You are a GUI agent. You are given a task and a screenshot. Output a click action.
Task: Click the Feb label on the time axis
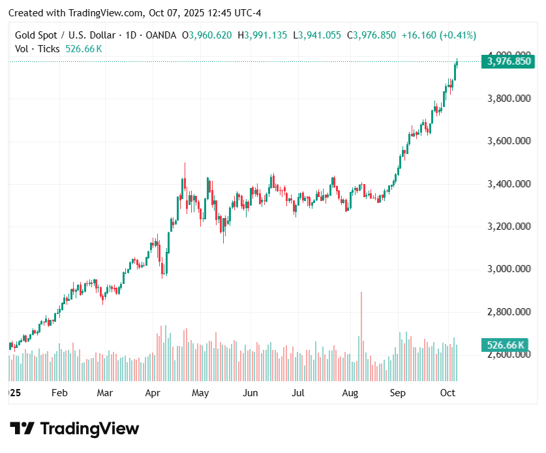[x=59, y=393]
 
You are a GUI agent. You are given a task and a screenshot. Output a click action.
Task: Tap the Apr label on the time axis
[x=153, y=393]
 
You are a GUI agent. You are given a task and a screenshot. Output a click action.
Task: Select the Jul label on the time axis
[x=298, y=393]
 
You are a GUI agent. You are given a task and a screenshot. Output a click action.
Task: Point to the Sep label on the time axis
[x=397, y=393]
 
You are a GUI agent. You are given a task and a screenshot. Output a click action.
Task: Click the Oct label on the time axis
[x=447, y=393]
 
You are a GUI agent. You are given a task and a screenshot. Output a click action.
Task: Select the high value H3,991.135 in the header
[x=262, y=35]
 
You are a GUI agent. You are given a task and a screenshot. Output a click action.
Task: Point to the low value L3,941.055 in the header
[x=316, y=35]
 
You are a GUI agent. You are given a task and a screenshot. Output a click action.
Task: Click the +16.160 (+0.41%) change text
[x=439, y=35]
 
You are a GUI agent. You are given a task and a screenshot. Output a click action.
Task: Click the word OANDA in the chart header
[x=159, y=35]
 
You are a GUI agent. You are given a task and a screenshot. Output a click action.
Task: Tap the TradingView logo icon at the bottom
[x=22, y=429]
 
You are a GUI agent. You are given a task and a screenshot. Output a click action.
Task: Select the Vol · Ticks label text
[x=38, y=49]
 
